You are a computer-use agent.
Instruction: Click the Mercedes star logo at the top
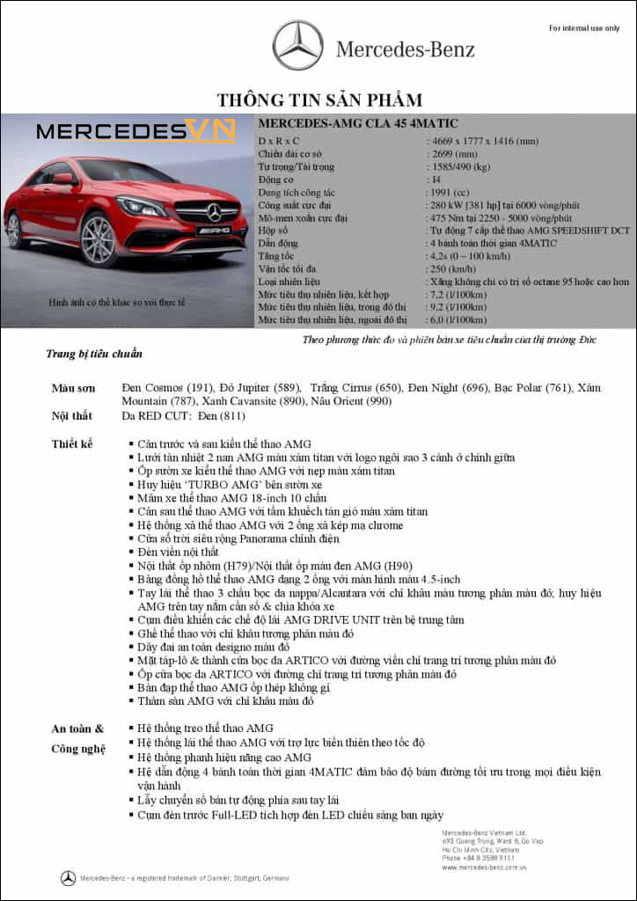297,46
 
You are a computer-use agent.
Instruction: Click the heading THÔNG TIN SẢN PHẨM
319,99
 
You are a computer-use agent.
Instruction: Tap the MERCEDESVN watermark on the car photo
136,132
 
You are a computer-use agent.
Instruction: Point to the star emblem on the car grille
214,211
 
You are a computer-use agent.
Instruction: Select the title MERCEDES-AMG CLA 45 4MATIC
358,123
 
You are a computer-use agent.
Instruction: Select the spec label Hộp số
273,230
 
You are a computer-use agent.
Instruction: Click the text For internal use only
584,28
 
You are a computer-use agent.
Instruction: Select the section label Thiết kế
72,443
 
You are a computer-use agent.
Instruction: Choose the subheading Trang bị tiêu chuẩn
94,354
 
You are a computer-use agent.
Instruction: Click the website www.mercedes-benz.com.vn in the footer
485,868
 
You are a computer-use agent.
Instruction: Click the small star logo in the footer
68,878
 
